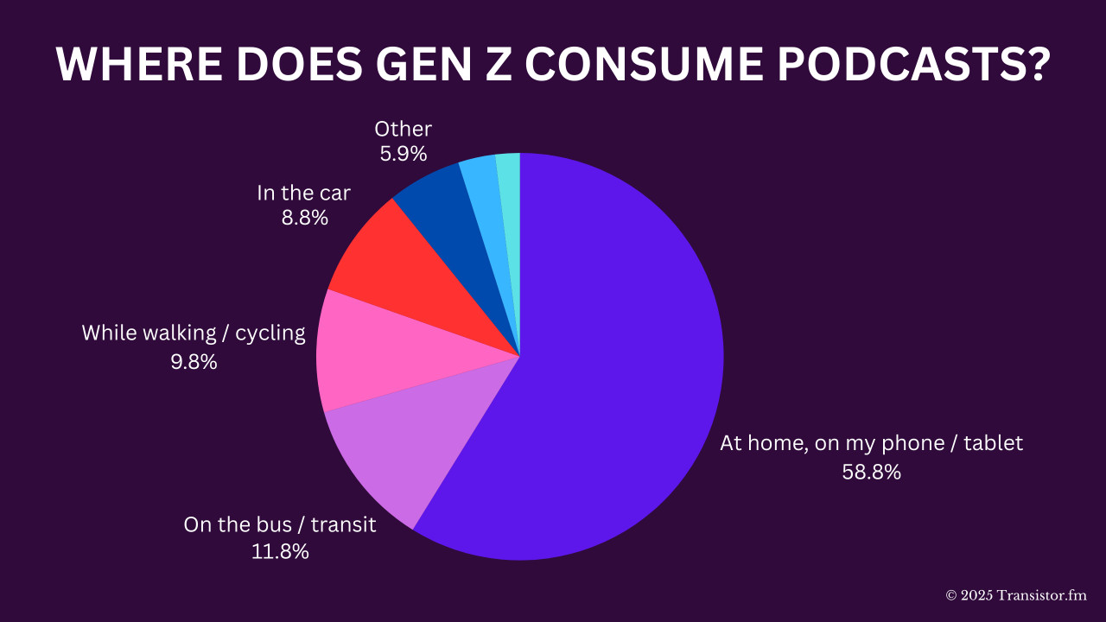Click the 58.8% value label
point(872,472)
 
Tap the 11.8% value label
point(280,551)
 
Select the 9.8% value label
point(194,361)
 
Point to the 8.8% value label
point(304,218)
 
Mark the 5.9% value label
point(403,154)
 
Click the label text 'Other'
point(403,130)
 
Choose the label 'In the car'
point(304,193)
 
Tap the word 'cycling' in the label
point(271,333)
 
